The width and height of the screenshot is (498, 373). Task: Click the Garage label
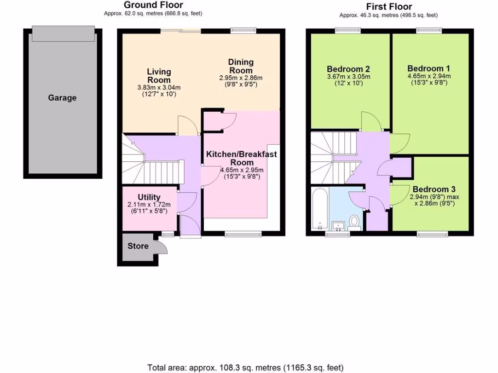tap(62, 98)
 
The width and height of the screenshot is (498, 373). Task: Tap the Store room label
tap(138, 246)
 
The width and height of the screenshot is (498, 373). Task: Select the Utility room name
tap(149, 197)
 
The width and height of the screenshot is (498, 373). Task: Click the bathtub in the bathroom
tap(320, 209)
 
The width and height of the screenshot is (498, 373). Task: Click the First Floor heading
tap(389, 6)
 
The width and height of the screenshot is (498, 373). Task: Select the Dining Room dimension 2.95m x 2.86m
tap(241, 78)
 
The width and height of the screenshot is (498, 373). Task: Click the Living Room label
tap(159, 76)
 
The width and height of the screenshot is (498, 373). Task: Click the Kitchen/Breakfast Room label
tap(241, 158)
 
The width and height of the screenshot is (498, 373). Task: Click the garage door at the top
tap(63, 34)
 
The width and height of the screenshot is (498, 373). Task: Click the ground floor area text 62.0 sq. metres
tap(153, 14)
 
